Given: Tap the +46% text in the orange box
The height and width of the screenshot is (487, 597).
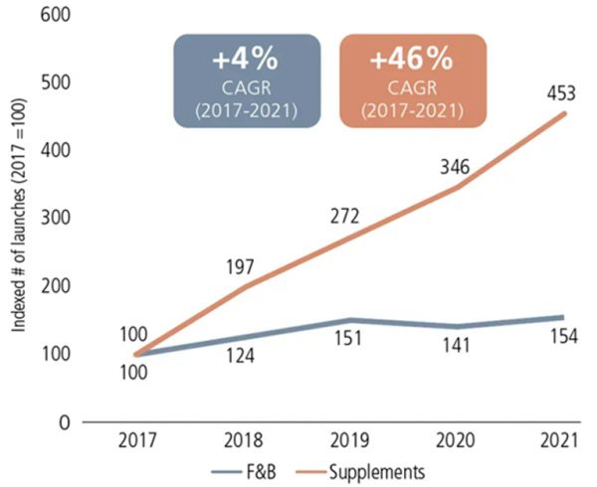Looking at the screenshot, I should pyautogui.click(x=411, y=60).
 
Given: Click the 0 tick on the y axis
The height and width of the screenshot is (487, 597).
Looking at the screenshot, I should pyautogui.click(x=59, y=422).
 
